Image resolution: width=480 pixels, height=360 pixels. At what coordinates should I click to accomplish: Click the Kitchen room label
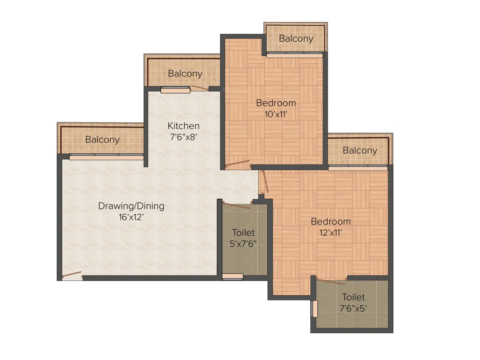point(184,126)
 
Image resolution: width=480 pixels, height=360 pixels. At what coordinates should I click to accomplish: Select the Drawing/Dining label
point(131,206)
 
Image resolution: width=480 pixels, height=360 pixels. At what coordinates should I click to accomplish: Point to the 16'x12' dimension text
point(131,217)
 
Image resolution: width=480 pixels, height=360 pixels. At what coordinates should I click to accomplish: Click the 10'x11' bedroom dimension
point(276,113)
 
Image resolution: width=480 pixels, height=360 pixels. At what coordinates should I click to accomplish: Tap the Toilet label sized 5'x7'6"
point(244,232)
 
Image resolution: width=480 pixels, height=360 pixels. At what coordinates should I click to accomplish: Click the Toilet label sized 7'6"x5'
point(353,297)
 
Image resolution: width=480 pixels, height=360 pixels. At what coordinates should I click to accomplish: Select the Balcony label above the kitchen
point(185,74)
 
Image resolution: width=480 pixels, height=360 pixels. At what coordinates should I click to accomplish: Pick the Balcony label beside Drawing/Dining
point(102,140)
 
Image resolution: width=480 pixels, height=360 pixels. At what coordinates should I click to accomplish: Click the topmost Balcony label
point(296,39)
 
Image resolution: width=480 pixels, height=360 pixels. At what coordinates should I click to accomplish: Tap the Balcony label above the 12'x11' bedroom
point(360,150)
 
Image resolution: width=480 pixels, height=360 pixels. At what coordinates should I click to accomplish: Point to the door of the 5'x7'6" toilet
point(237,205)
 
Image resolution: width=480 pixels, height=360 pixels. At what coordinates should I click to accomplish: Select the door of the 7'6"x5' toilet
point(331,282)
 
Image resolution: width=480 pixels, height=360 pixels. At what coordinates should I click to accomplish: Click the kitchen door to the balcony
point(199,88)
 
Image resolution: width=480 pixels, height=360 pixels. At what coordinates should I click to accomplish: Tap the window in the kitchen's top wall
point(175,90)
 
